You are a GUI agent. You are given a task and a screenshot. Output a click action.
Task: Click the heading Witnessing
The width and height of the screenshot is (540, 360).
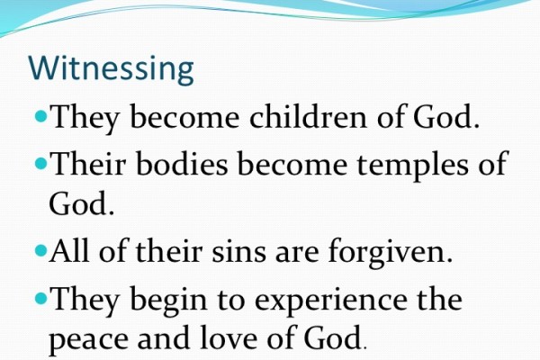coord(111,68)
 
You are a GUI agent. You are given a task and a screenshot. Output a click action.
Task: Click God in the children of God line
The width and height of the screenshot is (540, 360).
coord(442,117)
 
